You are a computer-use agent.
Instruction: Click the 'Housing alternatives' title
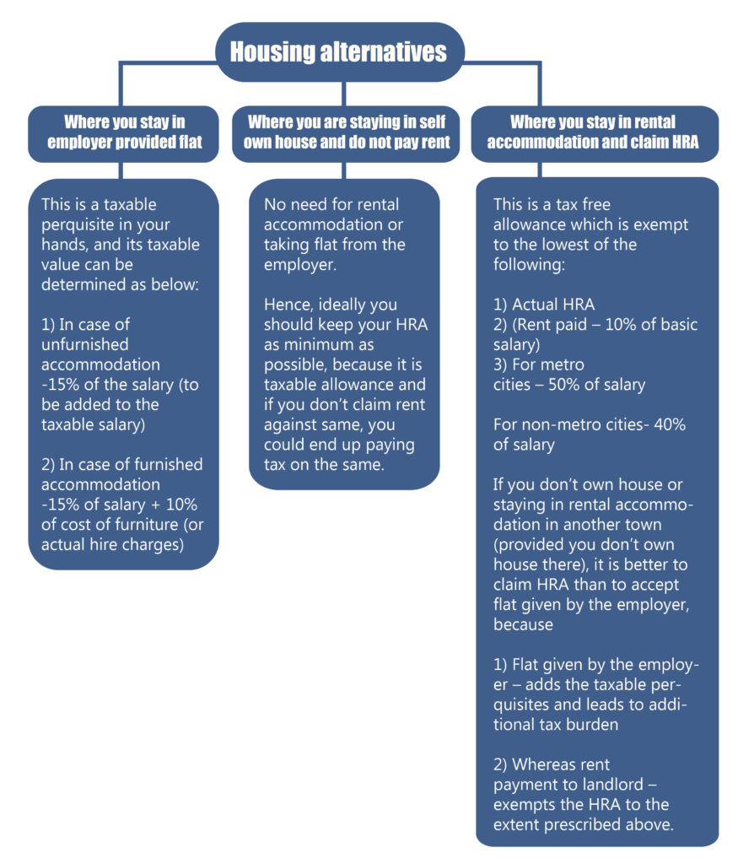338,51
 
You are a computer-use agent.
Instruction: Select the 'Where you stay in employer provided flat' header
125,132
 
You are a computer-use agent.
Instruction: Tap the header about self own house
347,132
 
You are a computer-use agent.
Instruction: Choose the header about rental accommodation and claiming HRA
593,132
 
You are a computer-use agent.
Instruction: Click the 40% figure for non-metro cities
670,424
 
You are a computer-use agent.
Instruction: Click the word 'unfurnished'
85,344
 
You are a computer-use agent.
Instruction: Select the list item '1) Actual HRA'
544,305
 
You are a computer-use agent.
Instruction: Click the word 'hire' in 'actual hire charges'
103,544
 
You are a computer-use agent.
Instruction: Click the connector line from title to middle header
344,94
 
